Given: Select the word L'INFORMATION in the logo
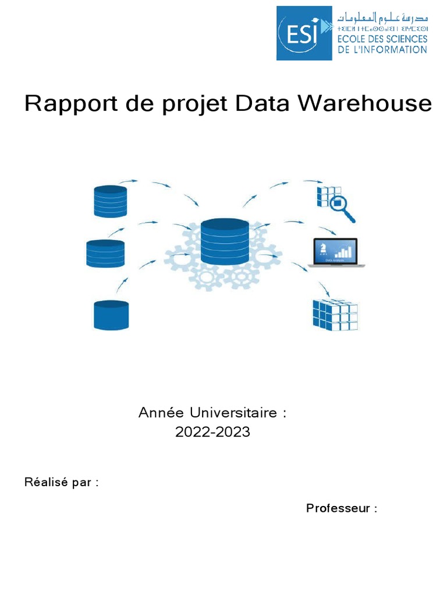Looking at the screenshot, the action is point(391,50).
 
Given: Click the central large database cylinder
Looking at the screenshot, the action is point(224,241).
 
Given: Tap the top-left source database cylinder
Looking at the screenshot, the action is point(110,201).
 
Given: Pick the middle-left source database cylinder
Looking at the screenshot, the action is point(105,254).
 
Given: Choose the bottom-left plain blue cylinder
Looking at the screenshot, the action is point(111,315).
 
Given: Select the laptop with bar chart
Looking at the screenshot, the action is point(337,252).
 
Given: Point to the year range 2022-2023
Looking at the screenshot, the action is point(212,433).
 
